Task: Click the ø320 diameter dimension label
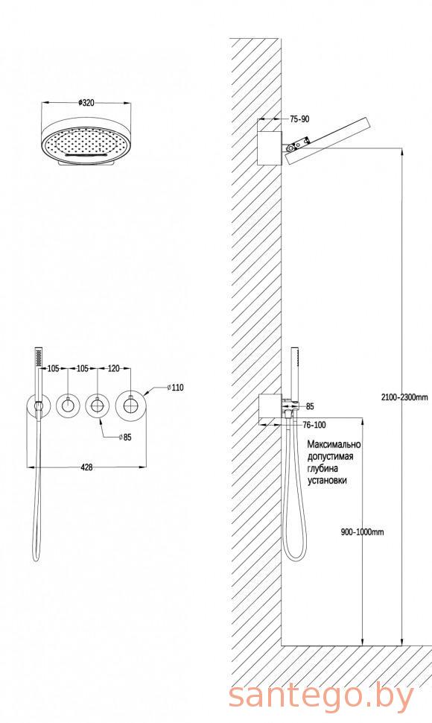(86, 103)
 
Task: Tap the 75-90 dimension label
(299, 119)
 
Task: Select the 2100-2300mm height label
(405, 397)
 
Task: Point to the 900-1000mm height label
(362, 532)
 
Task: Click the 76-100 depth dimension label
(314, 425)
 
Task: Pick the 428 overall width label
(86, 467)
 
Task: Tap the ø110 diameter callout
(175, 388)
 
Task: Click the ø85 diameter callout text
(125, 437)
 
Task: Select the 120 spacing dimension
(113, 368)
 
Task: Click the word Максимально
(334, 445)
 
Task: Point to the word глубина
(323, 469)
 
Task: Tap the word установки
(327, 481)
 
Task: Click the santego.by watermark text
(322, 696)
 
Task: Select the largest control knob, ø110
(132, 405)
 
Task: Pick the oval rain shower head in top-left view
(86, 143)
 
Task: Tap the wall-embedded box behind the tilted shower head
(269, 148)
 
